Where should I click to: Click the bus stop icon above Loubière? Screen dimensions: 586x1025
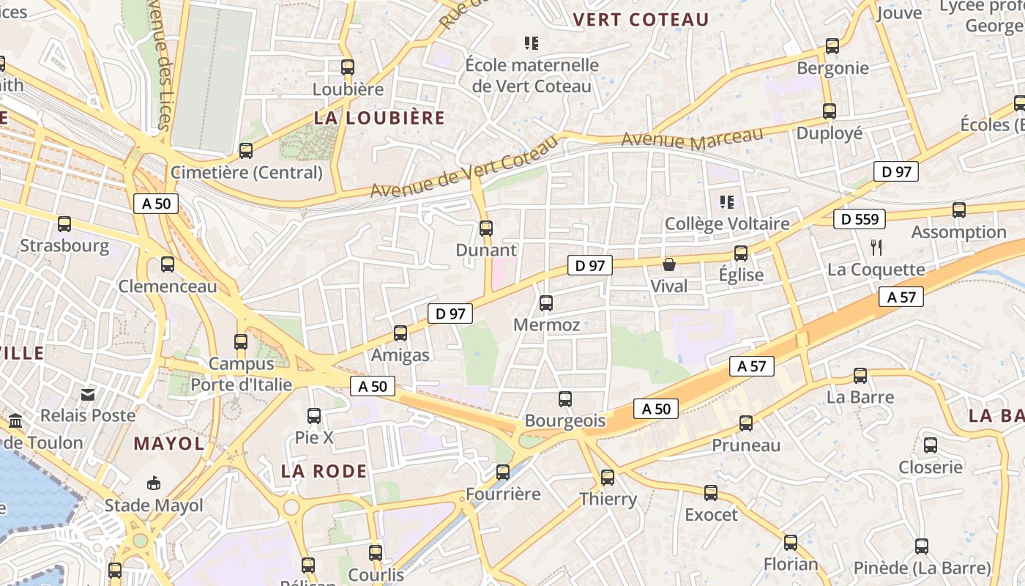(x=348, y=67)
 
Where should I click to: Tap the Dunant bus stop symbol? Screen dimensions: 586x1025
(x=486, y=229)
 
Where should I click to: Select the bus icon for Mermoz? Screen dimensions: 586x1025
(x=546, y=303)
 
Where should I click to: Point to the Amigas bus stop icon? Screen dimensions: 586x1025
(x=400, y=333)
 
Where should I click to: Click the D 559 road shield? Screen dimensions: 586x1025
(x=860, y=219)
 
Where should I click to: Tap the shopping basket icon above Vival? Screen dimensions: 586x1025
(x=668, y=264)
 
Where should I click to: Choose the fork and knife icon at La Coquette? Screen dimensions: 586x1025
(x=876, y=247)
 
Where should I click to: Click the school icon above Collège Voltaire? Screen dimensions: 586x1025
(x=726, y=201)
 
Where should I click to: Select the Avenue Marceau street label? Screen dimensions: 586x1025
(x=692, y=138)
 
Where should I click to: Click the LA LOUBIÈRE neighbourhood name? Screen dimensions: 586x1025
(x=379, y=118)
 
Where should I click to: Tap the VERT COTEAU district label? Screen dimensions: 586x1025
(x=641, y=20)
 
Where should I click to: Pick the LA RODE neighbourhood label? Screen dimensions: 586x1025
(x=324, y=471)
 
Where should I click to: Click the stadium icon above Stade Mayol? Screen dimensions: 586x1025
(x=154, y=483)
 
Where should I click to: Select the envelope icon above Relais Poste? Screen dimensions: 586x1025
(x=88, y=394)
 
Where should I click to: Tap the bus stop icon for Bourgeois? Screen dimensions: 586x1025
(x=565, y=399)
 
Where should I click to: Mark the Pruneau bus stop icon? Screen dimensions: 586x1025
(x=746, y=423)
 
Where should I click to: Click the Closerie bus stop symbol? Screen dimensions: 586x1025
(x=931, y=445)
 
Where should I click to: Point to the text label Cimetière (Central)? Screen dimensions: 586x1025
(x=246, y=173)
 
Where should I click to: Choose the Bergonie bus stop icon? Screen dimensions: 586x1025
(x=832, y=46)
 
